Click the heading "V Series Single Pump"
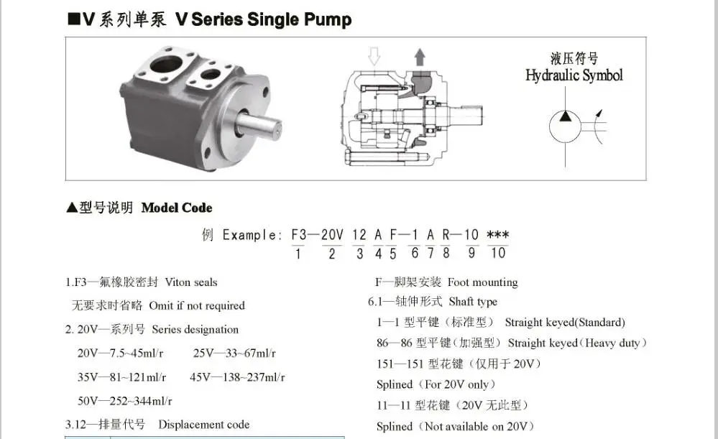[x=263, y=19]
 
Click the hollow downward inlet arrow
[x=374, y=56]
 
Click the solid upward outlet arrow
[x=420, y=57]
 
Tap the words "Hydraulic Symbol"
[x=574, y=75]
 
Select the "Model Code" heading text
[x=177, y=208]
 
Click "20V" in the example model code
[x=332, y=235]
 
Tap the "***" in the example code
[x=498, y=235]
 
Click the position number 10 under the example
[x=498, y=253]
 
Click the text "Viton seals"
[x=191, y=282]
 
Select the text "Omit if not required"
[x=197, y=305]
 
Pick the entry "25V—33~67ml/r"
[x=234, y=353]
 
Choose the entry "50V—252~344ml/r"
[x=124, y=401]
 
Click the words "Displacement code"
[x=204, y=425]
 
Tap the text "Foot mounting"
[x=483, y=282]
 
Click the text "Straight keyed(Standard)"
[x=565, y=323]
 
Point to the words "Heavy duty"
[x=612, y=343]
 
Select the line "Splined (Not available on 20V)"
[x=456, y=426]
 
